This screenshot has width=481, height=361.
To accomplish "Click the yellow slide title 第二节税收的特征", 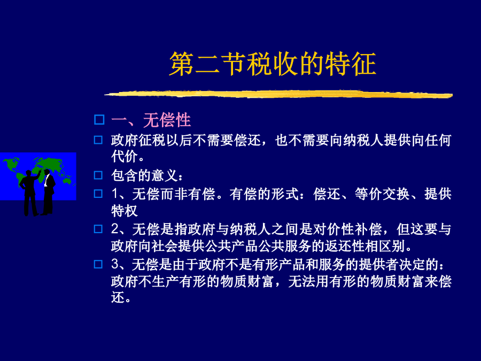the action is tap(273, 64).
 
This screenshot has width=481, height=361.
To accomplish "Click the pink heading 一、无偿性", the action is tap(151, 120).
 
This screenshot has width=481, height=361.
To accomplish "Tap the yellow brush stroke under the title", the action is tap(278, 94).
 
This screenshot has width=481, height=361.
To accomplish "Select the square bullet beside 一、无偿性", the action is tap(99, 119).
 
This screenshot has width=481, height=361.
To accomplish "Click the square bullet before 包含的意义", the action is tap(98, 175).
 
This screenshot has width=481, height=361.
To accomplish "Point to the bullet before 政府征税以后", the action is tap(98, 140).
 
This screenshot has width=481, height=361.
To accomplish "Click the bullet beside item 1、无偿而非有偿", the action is tap(98, 194).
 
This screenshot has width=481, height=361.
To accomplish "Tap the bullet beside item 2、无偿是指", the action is tap(98, 229).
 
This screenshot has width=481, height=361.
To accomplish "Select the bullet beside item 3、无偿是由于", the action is tap(98, 264).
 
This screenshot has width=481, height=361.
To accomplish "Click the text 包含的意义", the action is tap(144, 175).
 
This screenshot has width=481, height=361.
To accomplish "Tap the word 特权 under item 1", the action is tap(124, 211).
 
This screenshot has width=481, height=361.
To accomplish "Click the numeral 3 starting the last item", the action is tap(115, 265).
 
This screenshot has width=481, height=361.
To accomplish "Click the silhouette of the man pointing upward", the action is tap(30, 193).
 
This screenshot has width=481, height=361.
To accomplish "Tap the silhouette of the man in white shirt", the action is tap(49, 192).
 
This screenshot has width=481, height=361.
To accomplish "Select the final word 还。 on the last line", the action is tap(121, 297).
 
